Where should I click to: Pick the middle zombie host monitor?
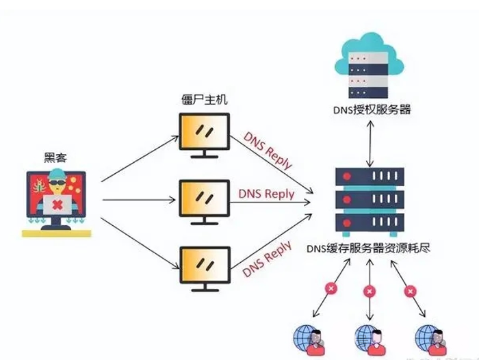pos(201,199)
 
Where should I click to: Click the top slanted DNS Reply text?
pos(268,151)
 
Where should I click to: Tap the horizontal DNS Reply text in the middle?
pos(266,194)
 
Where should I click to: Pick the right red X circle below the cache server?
pos(410,290)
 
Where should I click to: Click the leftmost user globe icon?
pos(308,337)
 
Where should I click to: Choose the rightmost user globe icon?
pos(430,337)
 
